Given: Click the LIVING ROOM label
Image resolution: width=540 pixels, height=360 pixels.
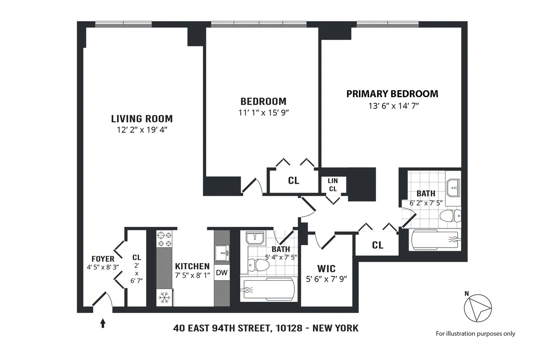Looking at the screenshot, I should tap(142, 119).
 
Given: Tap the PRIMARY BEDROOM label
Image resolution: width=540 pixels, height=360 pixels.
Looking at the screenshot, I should tap(392, 94).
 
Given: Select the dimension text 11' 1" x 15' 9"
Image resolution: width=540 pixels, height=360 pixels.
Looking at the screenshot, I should tap(263, 113).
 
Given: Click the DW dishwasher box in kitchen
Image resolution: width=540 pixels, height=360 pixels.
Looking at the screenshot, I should tap(221, 272).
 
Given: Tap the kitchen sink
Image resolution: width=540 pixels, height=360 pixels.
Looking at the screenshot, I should tap(221, 252).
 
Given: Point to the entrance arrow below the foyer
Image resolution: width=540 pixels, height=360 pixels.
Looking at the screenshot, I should tap(103, 323).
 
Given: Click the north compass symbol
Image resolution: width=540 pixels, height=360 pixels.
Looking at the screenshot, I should tap(478, 308).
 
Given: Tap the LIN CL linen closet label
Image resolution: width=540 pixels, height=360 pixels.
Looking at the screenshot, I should tap(333, 185).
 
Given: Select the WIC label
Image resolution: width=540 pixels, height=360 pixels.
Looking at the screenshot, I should tap(326, 269).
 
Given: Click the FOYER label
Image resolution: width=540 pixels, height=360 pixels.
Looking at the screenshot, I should tap(103, 259).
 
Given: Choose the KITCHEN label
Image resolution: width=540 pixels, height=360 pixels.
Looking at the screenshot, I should tap(192, 266).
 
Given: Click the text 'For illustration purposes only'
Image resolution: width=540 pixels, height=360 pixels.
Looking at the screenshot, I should tap(475, 333).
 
